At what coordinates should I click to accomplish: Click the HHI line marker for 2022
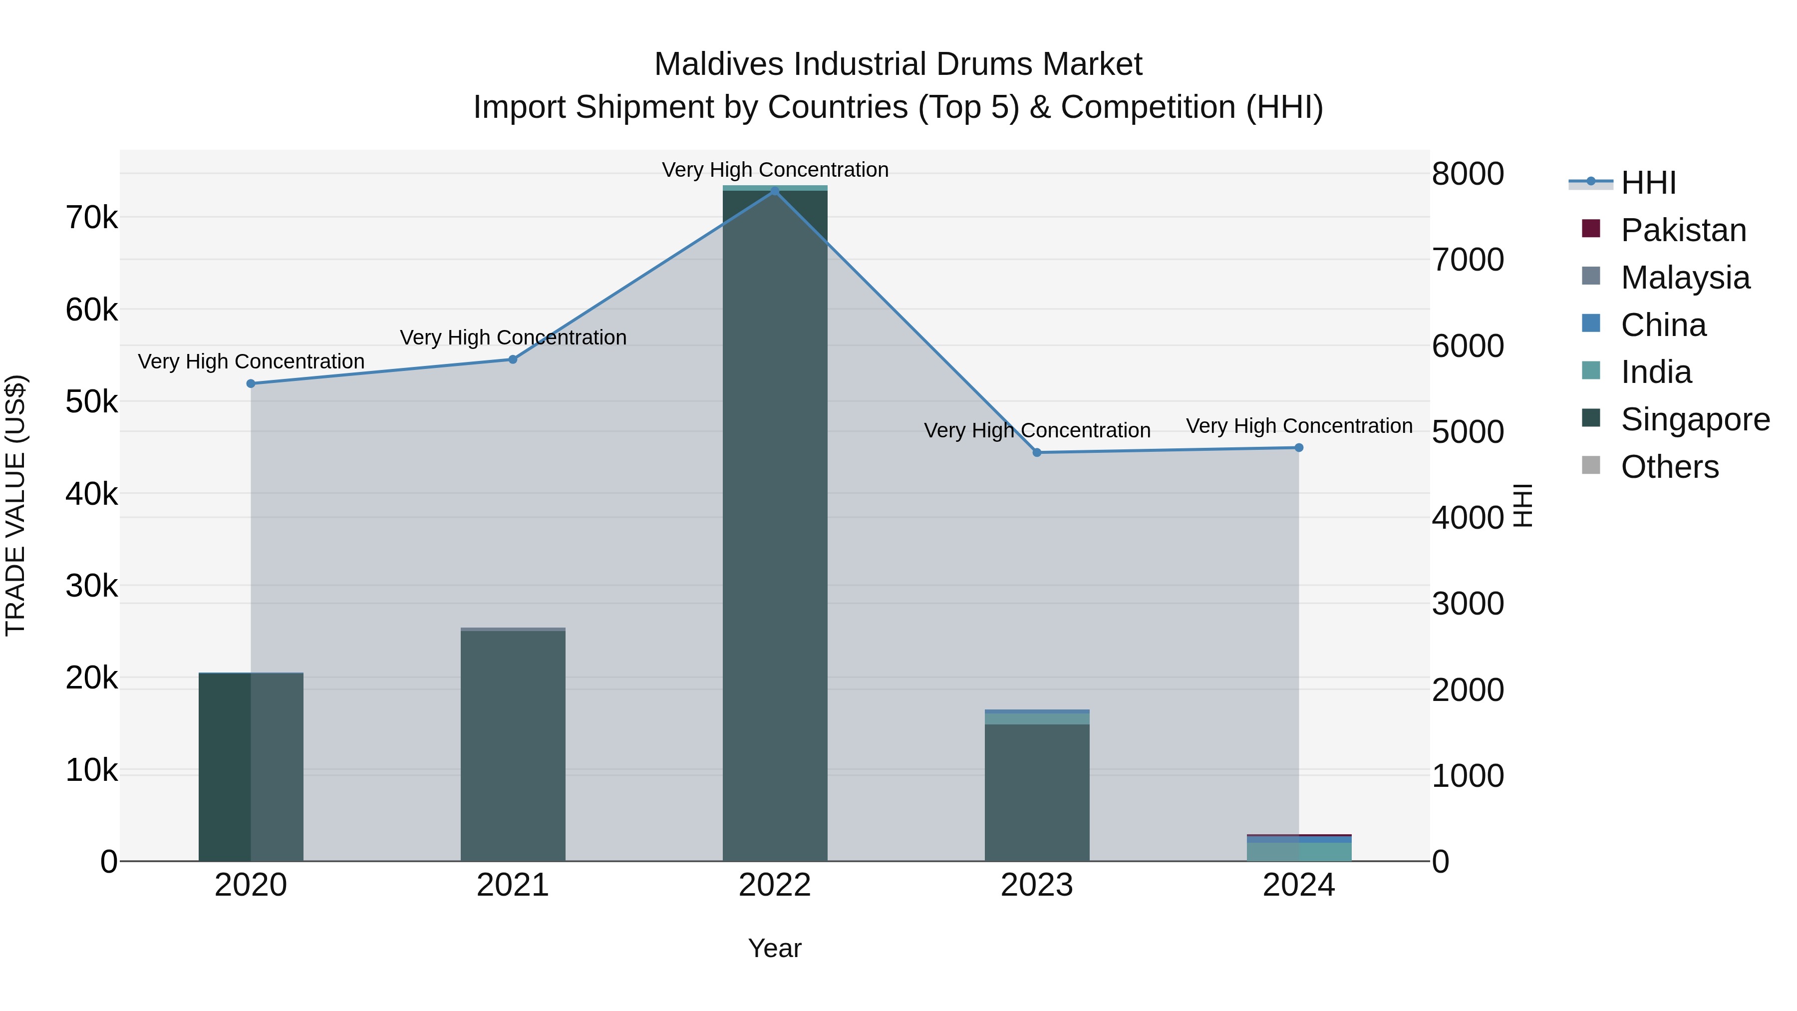point(774,191)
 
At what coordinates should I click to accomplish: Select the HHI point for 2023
point(1037,452)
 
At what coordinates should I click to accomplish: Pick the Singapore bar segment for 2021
point(513,746)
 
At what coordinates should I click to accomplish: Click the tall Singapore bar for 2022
point(774,523)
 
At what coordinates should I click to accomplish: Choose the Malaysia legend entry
point(1685,278)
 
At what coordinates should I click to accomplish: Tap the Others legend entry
point(1669,467)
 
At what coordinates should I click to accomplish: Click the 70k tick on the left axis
point(91,218)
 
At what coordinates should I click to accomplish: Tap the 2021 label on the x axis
point(513,885)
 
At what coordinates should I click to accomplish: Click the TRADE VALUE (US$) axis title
point(15,505)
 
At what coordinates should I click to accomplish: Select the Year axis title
point(774,948)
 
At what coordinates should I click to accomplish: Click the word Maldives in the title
point(718,64)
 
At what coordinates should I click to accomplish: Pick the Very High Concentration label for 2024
point(1299,425)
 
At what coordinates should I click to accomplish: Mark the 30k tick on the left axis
point(91,586)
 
